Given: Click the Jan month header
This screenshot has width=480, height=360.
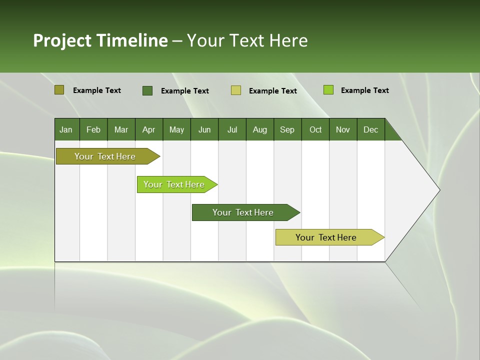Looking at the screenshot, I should coord(66,130).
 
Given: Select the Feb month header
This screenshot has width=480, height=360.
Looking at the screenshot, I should coord(93,130).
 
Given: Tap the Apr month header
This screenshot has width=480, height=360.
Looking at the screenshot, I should coord(148,130).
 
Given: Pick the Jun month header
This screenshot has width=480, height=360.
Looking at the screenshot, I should coord(204,130).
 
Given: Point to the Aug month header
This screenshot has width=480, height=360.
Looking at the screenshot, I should coord(259,130).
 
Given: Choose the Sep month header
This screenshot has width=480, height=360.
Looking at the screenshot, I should coord(287,130).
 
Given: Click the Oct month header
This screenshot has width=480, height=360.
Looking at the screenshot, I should coord(315,130).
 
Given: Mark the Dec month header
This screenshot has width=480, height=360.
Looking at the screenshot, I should coord(370,130).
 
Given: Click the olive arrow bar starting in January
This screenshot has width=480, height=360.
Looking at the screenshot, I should coord(105,156).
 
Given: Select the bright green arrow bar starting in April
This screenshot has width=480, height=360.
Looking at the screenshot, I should coord(174,184).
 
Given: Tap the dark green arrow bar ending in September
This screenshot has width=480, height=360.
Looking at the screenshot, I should coord(243,212).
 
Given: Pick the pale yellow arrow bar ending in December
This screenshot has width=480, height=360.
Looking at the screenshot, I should coord(326,237).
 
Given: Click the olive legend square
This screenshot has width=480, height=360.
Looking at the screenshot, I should coord(59,90).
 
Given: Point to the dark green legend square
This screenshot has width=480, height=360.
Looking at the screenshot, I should coord(147,90).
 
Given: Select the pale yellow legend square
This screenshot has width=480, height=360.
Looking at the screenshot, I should coord(236,90).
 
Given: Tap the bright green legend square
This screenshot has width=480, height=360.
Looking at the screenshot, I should coord(328,90).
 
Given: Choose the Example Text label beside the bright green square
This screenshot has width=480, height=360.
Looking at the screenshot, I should coord(364,90).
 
